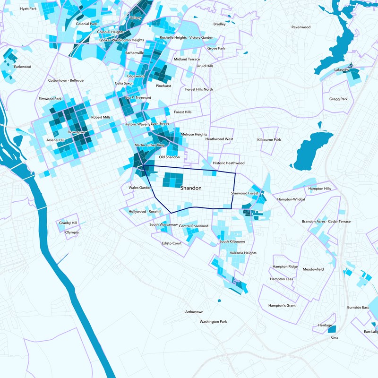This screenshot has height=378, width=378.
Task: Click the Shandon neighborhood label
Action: coord(191,188)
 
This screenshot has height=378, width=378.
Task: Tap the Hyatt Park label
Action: coord(28,9)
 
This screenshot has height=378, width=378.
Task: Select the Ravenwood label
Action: coord(301,27)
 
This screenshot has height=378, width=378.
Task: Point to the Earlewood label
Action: coord(22,67)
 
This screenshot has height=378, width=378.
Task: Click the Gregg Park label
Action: coord(338,99)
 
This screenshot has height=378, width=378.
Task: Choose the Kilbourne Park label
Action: coord(269,140)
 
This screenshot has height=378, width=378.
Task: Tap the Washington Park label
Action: coord(213,322)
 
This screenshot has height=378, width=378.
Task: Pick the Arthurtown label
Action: coord(194,312)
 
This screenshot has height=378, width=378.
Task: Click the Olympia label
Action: coord(72,232)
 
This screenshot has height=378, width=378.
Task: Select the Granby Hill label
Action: coord(68,223)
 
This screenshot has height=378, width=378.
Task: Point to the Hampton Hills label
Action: coord(319,189)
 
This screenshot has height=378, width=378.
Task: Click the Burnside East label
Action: coord(358,308)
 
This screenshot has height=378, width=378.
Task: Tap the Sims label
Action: coord(335,338)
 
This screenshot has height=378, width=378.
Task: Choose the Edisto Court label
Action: coord(172,243)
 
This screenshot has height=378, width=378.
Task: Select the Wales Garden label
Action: coord(139,188)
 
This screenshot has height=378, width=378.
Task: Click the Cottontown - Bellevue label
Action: coord(66,80)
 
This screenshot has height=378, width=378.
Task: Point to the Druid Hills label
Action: coord(205,66)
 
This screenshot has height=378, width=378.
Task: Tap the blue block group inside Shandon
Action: coord(172,180)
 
